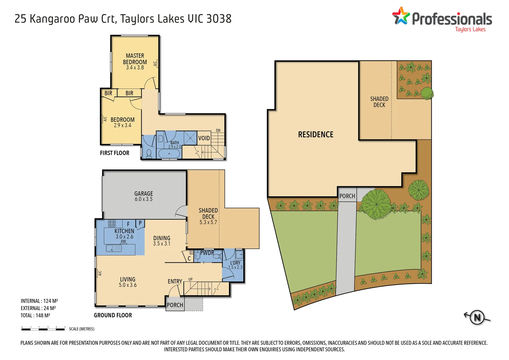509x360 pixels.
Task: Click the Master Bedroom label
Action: [135, 59]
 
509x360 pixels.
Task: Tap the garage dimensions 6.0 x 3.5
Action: [144, 199]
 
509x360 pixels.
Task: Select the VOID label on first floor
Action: [204, 138]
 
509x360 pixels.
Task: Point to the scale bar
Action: [43, 329]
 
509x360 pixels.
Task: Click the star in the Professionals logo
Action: [401, 16]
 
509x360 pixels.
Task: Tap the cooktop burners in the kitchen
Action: [112, 224]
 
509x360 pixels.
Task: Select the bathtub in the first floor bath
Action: [169, 154]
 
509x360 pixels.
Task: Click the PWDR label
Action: [207, 253]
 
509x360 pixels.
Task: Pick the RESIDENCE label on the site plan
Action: [316, 135]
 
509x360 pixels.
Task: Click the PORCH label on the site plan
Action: [347, 196]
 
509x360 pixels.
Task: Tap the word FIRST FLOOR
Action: [115, 153]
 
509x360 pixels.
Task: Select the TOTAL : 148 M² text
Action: [35, 316]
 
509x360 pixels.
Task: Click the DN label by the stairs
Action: [218, 130]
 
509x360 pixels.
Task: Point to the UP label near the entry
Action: [190, 279]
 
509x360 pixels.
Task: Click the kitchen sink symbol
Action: [114, 248]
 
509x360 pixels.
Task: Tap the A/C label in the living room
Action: [100, 273]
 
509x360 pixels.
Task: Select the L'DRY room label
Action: [235, 263]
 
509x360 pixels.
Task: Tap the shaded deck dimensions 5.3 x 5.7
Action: [208, 222]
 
